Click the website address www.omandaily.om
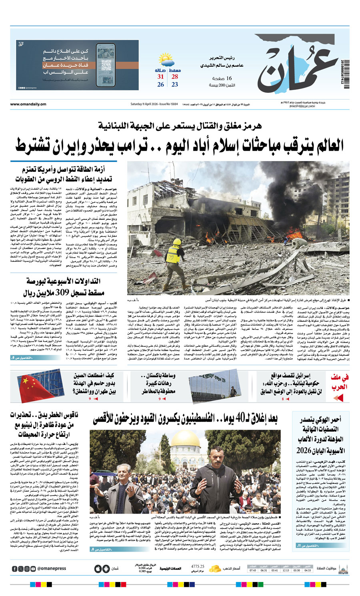28,104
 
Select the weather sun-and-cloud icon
166,62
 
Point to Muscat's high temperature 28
175,77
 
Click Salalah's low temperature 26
160,84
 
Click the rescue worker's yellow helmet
176,242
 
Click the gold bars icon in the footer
215,568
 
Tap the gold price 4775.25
198,566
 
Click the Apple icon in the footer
98,569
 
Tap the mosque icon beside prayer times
343,569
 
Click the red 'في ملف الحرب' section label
339,382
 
